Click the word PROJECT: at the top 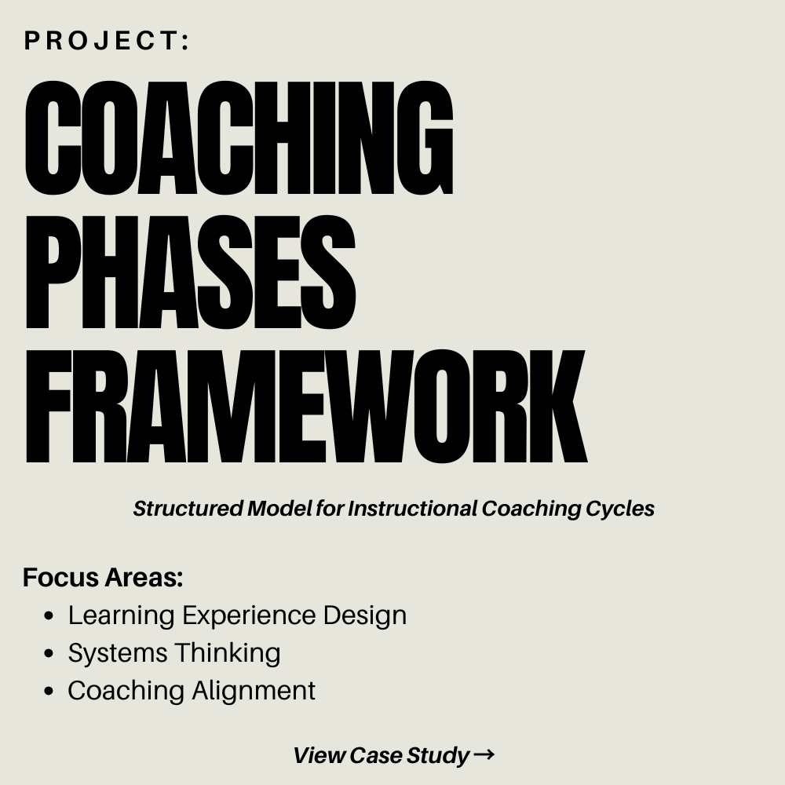107,41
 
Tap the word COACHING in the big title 239,138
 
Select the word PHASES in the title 191,273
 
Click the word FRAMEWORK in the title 306,407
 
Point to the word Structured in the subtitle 188,509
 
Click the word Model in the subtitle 279,509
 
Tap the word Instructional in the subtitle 413,509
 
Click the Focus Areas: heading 103,577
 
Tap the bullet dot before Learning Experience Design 49,615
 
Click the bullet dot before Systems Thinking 49,653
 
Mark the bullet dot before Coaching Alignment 49,691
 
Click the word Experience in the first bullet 249,615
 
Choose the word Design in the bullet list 365,615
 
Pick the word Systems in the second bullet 118,654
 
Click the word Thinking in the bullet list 228,654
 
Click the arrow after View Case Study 484,754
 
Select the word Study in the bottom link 438,756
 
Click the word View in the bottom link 319,755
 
